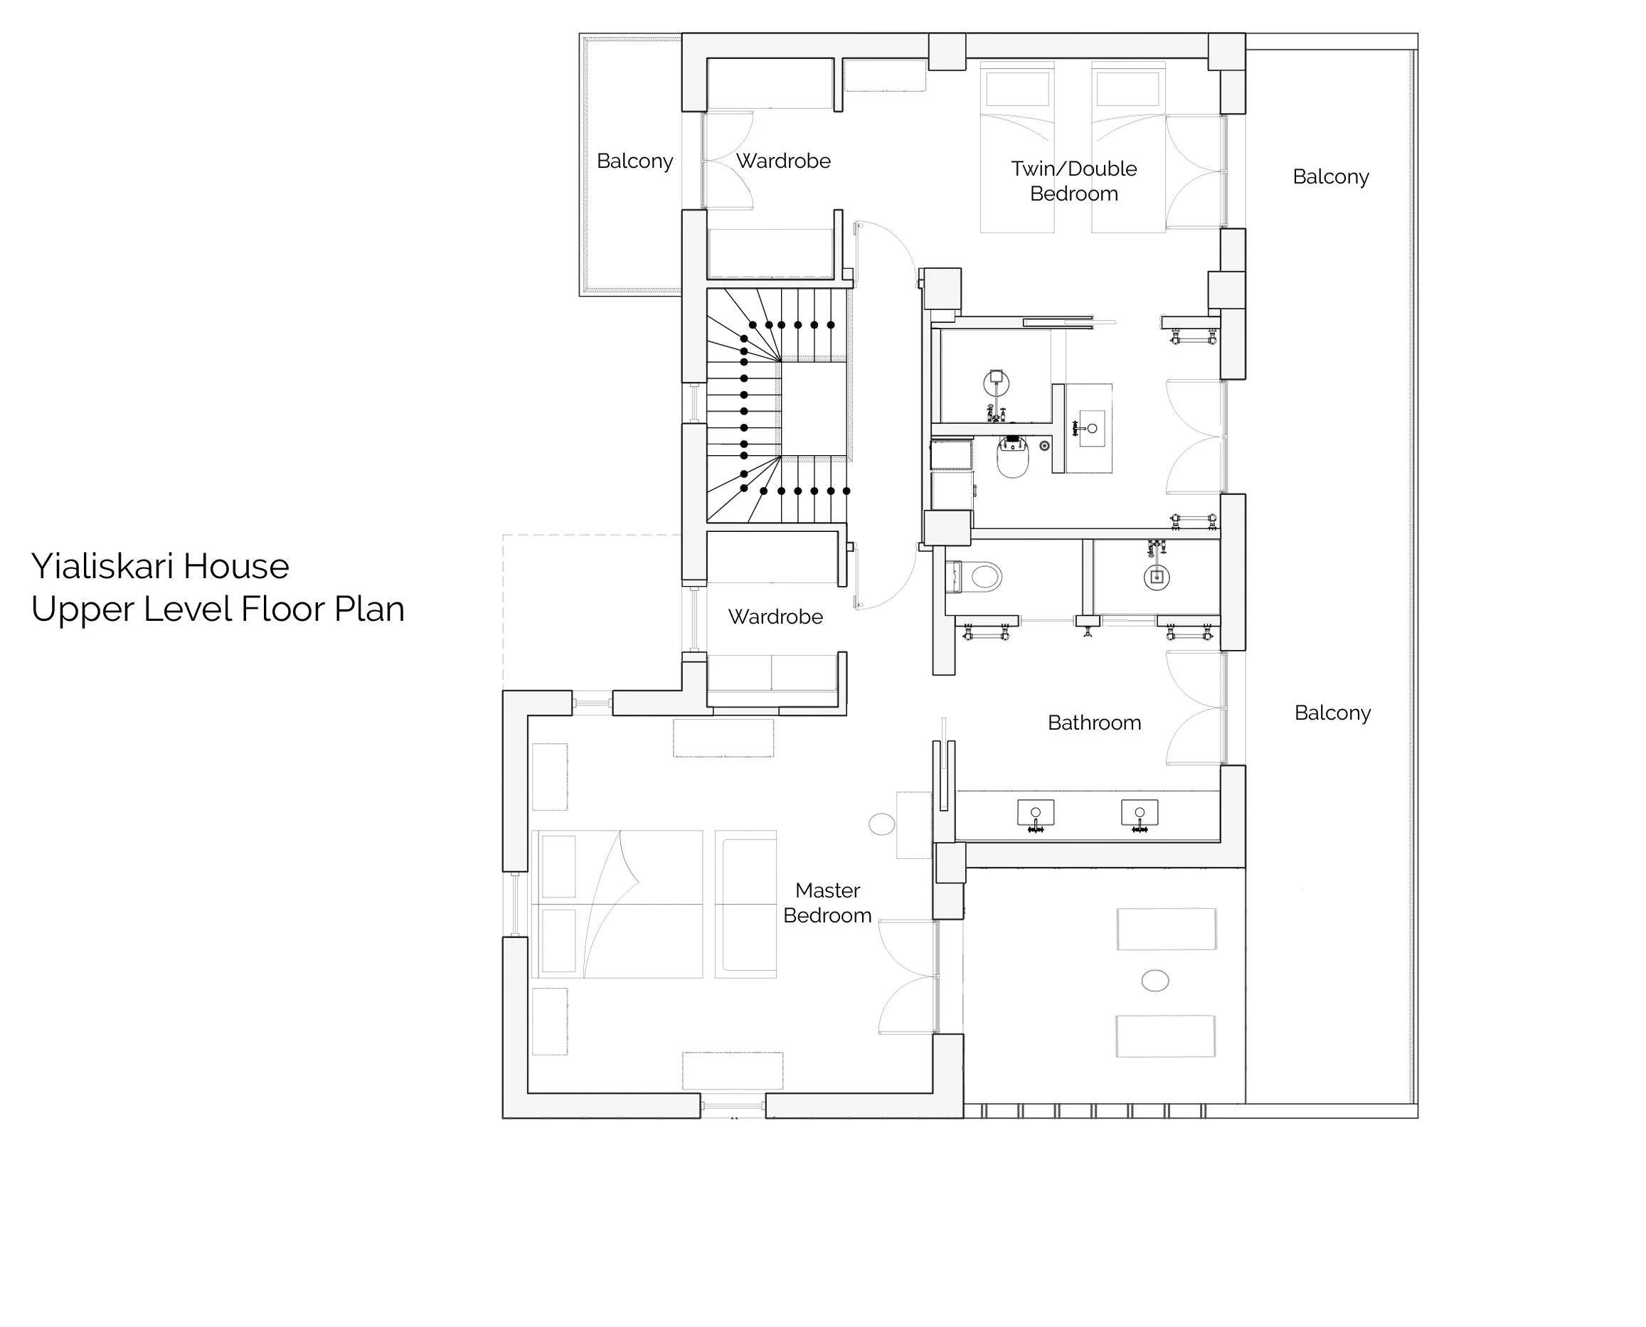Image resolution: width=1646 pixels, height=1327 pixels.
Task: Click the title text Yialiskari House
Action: (x=160, y=566)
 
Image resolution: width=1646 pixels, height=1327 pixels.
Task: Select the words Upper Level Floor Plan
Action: (x=218, y=609)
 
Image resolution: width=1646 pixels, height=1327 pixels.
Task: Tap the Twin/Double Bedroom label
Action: (x=1073, y=181)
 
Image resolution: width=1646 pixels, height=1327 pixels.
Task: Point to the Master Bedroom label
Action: (x=827, y=902)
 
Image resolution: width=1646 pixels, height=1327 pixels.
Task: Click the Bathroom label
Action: (x=1094, y=723)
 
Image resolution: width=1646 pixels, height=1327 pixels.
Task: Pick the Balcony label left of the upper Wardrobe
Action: (x=634, y=161)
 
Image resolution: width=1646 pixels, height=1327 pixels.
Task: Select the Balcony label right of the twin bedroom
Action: (x=1330, y=176)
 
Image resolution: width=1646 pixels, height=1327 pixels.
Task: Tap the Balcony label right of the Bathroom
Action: (x=1332, y=713)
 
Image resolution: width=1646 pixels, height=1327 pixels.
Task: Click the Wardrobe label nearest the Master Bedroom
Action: (x=775, y=617)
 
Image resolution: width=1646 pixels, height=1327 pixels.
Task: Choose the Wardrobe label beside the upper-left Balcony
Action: (x=783, y=161)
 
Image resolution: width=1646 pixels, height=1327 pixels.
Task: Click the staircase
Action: (x=776, y=405)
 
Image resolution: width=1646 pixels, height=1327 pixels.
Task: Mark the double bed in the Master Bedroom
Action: (x=617, y=905)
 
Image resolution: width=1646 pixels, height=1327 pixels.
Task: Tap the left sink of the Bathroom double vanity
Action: (x=1035, y=814)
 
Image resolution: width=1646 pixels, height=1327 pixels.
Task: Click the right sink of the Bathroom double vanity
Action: (x=1139, y=814)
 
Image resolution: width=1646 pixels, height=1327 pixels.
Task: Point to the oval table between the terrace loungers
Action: (x=1154, y=981)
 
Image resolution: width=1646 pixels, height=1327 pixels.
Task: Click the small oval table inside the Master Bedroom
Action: (x=881, y=824)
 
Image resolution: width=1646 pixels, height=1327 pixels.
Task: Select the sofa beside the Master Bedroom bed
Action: (x=745, y=905)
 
